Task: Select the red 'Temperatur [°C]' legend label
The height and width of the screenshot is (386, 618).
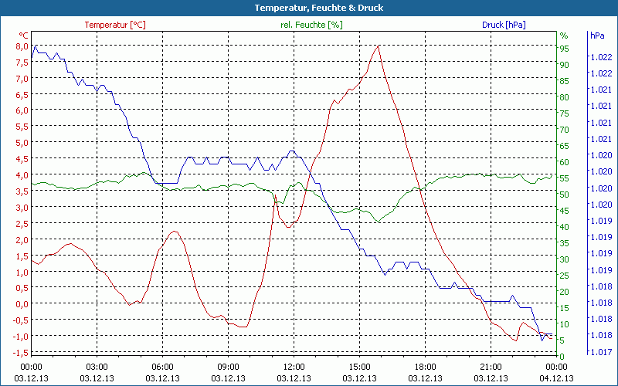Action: click(x=115, y=25)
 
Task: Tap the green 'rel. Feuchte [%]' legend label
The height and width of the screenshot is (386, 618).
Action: click(x=311, y=25)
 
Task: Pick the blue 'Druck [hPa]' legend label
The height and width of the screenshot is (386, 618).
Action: click(x=504, y=25)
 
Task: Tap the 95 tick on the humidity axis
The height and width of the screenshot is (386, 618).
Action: click(x=564, y=49)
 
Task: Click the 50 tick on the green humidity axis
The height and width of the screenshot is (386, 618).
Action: click(x=564, y=195)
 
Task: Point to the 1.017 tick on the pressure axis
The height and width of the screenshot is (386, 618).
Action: click(x=601, y=352)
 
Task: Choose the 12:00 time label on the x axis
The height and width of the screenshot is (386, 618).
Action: click(x=294, y=367)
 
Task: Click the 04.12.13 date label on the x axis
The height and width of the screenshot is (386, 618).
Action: click(x=557, y=378)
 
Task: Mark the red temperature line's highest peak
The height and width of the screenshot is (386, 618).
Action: click(x=378, y=46)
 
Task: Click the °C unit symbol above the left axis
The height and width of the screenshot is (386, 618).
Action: click(x=24, y=36)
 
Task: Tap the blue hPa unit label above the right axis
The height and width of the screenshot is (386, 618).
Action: click(x=596, y=36)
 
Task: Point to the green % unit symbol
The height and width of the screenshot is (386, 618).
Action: click(x=564, y=36)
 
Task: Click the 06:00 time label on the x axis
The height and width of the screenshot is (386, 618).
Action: click(x=162, y=367)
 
